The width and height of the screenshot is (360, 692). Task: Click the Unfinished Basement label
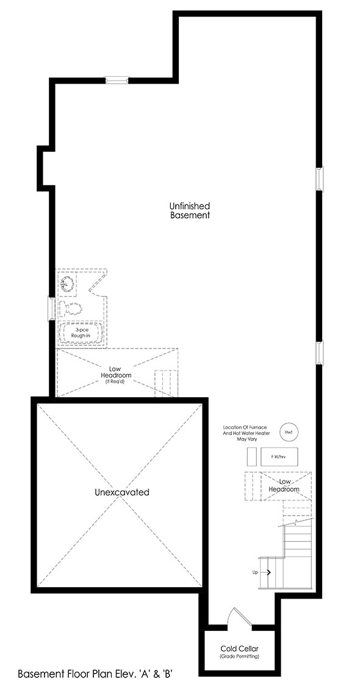[x=190, y=211]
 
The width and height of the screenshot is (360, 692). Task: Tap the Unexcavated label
[x=122, y=492]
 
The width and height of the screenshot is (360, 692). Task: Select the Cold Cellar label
[x=240, y=649]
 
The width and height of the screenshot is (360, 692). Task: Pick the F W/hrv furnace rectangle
[x=279, y=456]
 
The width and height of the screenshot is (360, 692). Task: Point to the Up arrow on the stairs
[x=267, y=572]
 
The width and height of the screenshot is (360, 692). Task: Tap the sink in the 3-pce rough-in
[x=68, y=284]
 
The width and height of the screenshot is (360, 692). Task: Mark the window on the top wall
[x=117, y=80]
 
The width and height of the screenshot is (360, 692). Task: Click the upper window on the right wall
[x=320, y=179]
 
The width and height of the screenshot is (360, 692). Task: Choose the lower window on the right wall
[x=320, y=353]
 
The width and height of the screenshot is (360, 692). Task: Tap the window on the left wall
[x=51, y=309]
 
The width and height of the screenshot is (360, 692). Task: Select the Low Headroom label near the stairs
[x=284, y=486]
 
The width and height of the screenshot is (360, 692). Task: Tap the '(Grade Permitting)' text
[x=240, y=657]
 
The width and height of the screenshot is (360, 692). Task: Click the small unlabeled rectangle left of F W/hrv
[x=251, y=456]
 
